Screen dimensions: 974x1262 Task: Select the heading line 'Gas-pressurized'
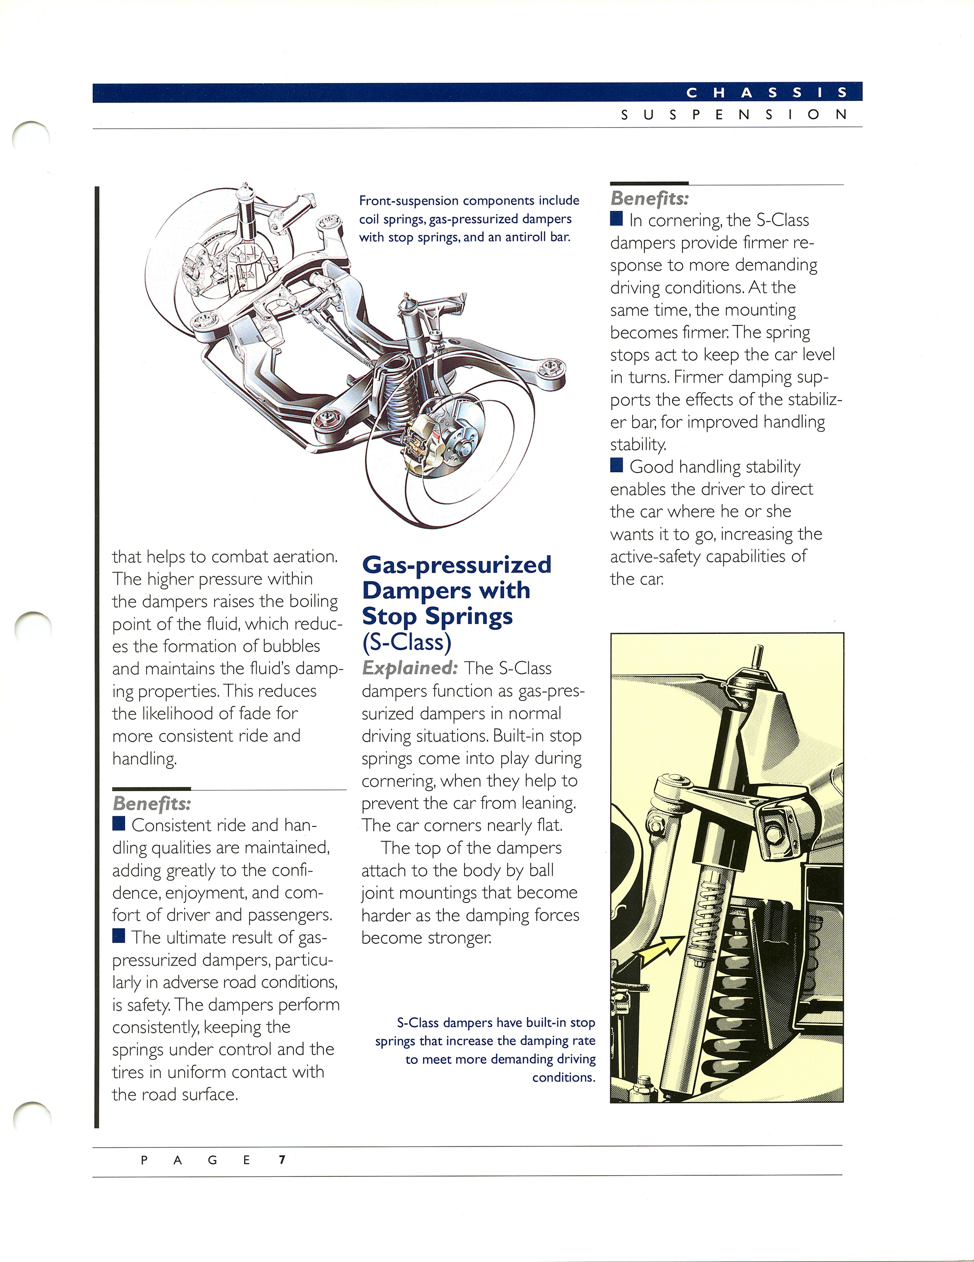coord(457,564)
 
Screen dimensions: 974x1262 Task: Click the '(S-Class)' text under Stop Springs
coord(406,642)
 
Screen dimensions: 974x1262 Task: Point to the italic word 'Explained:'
coord(410,668)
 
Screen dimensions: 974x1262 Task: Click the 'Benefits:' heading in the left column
coord(152,804)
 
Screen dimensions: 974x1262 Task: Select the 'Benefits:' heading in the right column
coord(650,198)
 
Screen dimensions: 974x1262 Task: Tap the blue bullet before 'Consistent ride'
coord(119,823)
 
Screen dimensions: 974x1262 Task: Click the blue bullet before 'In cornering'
coord(617,219)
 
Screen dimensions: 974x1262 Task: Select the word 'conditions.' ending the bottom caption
coord(564,1077)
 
